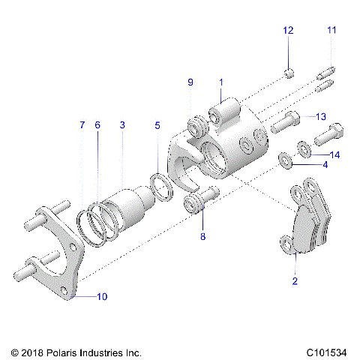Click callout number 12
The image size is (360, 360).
289,30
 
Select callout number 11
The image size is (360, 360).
331,30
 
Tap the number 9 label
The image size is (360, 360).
190,82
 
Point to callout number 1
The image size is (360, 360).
221,81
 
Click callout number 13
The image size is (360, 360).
320,116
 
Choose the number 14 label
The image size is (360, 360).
335,155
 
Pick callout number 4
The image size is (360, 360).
325,163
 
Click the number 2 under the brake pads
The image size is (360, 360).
295,281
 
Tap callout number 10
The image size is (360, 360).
102,297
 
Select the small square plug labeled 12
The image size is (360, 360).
289,73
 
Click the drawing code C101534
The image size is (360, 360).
325,351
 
